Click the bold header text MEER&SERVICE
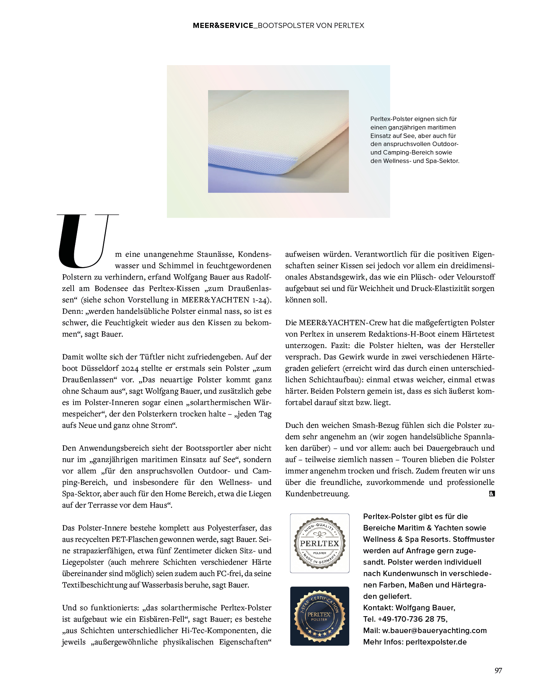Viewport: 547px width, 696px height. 223,25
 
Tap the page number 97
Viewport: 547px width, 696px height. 498,670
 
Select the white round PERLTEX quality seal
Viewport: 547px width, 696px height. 319,543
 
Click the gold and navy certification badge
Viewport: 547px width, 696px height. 319,616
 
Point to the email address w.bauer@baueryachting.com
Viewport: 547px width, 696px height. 434,630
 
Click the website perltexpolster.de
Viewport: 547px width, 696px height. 436,642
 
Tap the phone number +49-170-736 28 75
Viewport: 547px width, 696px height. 412,619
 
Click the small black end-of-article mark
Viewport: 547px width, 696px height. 492,494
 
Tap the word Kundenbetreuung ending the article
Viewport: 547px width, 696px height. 317,493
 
